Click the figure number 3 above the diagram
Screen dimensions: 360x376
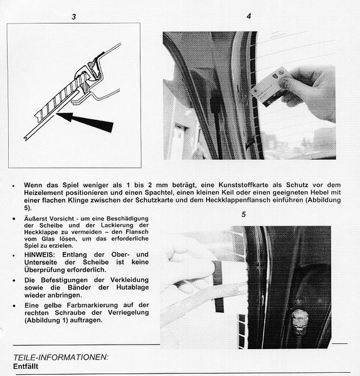pyautogui.click(x=73, y=17)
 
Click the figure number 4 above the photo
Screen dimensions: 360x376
pyautogui.click(x=249, y=16)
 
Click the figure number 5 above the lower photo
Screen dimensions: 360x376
pyautogui.click(x=244, y=214)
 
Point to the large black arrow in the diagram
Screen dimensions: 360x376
pyautogui.click(x=85, y=122)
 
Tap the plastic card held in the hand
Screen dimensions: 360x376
pyautogui.click(x=269, y=86)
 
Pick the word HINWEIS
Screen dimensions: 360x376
pyautogui.click(x=40, y=254)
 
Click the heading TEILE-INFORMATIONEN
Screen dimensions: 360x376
pyautogui.click(x=61, y=357)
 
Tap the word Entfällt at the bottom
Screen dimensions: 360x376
pyautogui.click(x=26, y=367)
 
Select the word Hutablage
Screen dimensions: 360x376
pyautogui.click(x=132, y=287)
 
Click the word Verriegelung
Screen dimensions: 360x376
pyautogui.click(x=128, y=313)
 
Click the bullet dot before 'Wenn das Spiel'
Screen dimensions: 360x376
pyautogui.click(x=14, y=185)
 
